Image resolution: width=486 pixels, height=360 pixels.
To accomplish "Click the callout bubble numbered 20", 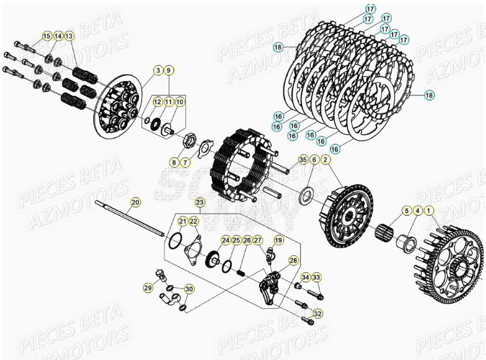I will [x=135, y=202].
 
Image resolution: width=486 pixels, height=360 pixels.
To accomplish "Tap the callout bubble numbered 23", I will [x=200, y=203].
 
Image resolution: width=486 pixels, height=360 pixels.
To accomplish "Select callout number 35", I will [x=303, y=159].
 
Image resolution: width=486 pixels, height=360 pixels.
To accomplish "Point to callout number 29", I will [x=148, y=287].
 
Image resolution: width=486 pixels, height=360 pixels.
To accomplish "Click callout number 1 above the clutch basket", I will [x=428, y=211].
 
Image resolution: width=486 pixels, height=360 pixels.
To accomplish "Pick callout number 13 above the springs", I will [x=69, y=36].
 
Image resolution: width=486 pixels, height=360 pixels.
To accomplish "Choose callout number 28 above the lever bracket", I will [x=293, y=260].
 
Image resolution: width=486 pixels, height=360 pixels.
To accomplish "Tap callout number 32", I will [x=317, y=313].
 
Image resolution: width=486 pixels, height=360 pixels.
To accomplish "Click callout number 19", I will [x=279, y=240].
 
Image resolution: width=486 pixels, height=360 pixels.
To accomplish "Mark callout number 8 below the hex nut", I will [x=174, y=163].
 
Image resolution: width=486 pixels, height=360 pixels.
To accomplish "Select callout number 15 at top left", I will [x=47, y=36].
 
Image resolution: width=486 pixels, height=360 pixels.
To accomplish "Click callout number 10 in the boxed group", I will [x=180, y=101].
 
